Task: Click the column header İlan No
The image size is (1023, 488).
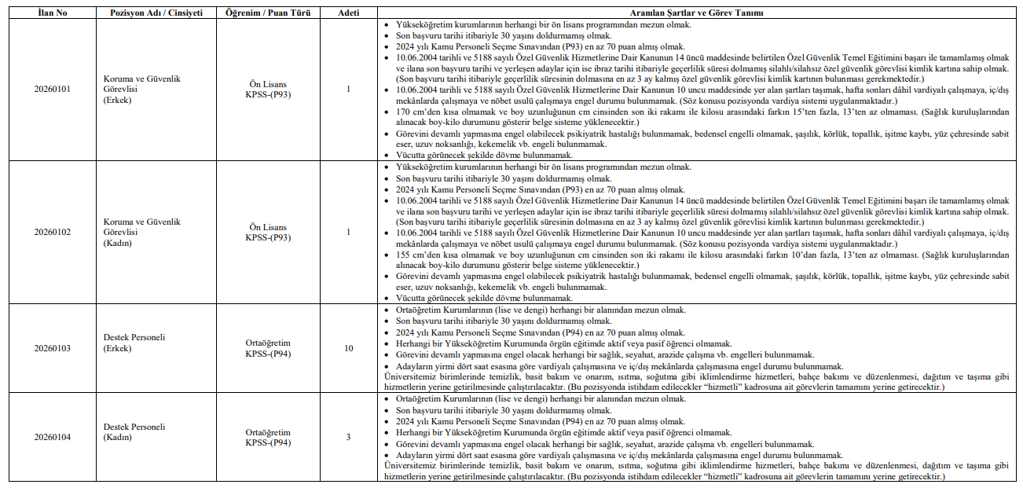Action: [x=52, y=13]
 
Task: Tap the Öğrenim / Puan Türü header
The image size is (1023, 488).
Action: [x=268, y=13]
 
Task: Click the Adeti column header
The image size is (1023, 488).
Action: [x=348, y=13]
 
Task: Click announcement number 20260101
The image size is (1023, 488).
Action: [x=52, y=90]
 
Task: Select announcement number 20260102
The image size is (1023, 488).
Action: [x=52, y=232]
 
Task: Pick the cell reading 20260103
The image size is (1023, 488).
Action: [x=52, y=347]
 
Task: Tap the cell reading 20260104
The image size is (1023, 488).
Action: [x=52, y=437]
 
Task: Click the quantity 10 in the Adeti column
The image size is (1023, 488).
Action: [x=348, y=347]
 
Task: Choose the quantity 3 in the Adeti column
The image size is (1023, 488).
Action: [x=348, y=437]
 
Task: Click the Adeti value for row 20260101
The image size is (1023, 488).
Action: [x=348, y=90]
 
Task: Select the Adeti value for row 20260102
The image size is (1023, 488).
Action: [x=348, y=232]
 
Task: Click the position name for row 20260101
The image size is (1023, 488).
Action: [x=141, y=90]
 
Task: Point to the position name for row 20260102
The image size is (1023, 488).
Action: [x=141, y=232]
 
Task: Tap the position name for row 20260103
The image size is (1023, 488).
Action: [x=134, y=343]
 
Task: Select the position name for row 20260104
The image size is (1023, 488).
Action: [x=134, y=432]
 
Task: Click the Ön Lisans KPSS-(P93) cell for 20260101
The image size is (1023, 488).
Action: [x=268, y=90]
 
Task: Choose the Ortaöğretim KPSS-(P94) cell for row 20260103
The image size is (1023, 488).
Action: [x=268, y=347]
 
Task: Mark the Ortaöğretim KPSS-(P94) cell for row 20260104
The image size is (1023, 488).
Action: [x=268, y=437]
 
